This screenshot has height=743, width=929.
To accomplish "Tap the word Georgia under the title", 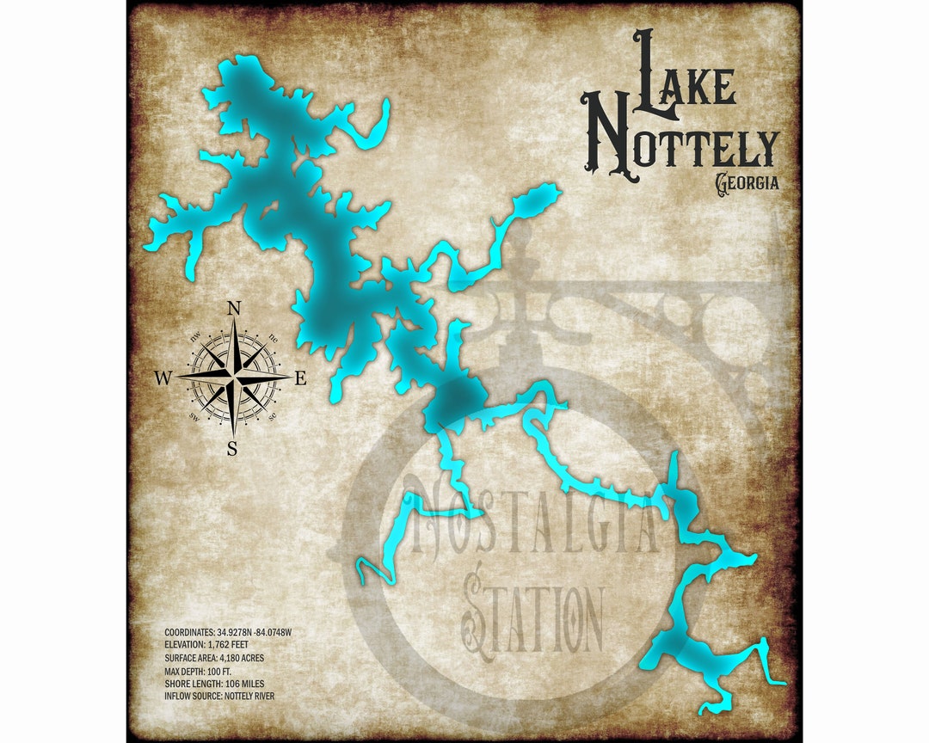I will [x=747, y=183].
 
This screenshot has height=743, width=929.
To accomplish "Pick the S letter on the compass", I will [x=232, y=446].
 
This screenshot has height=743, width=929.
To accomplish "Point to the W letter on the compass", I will [x=163, y=378].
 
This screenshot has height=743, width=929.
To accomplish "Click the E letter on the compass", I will [x=301, y=378].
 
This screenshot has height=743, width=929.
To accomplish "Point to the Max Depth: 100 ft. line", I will [x=198, y=670].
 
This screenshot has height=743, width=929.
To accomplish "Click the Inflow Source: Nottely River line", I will [x=219, y=695].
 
